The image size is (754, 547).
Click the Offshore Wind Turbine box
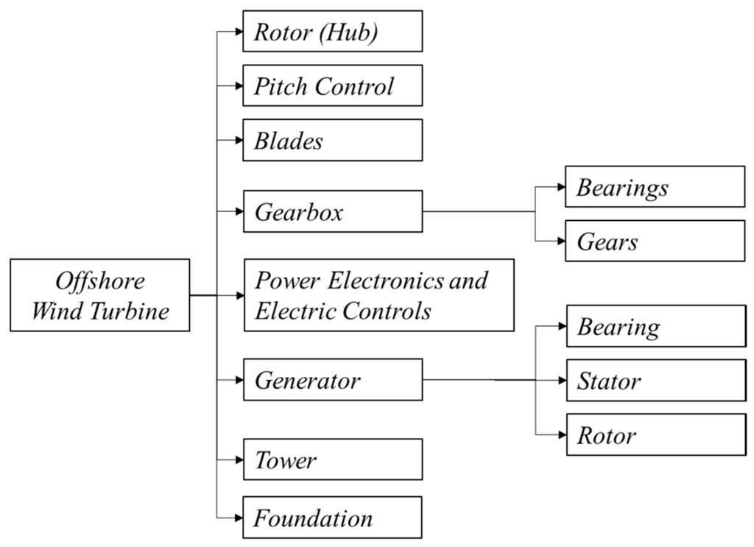pyautogui.click(x=101, y=295)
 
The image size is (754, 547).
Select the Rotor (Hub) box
pyautogui.click(x=332, y=31)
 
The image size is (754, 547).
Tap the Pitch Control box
pyautogui.click(x=332, y=85)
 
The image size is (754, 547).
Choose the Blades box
pyautogui.click(x=332, y=140)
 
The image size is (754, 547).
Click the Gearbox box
pyautogui.click(x=332, y=212)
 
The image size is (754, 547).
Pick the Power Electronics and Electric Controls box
pyautogui.click(x=378, y=295)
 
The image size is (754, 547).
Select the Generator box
pyautogui.click(x=332, y=380)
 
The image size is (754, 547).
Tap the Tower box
pyautogui.click(x=332, y=460)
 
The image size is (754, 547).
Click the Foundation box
pyautogui.click(x=332, y=518)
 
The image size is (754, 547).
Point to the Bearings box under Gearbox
pyautogui.click(x=655, y=186)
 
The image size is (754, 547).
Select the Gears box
pyautogui.click(x=655, y=241)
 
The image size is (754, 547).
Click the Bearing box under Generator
pyautogui.click(x=655, y=325)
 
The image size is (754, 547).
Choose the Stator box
pyautogui.click(x=655, y=380)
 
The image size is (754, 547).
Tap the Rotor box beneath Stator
pyautogui.click(x=655, y=434)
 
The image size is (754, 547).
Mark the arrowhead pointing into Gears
pyautogui.click(x=560, y=241)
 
